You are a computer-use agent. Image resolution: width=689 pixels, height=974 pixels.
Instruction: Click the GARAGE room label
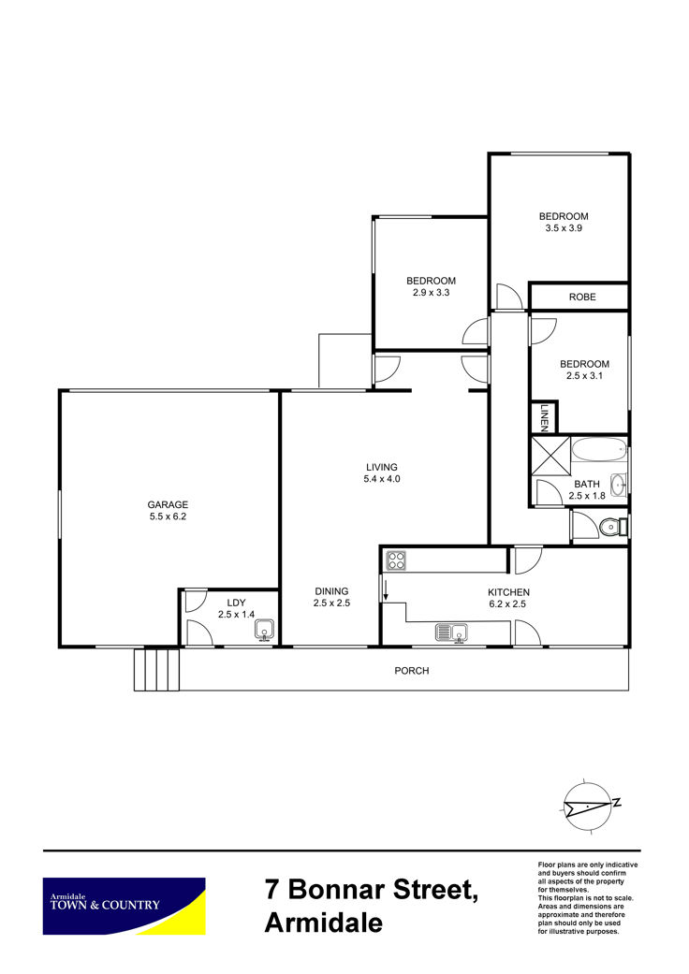click(168, 504)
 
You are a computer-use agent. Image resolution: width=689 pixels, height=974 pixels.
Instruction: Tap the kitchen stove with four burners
click(396, 560)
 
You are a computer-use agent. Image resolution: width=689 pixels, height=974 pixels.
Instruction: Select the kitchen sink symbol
click(452, 633)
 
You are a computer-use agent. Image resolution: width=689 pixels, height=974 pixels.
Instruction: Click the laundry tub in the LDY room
click(265, 630)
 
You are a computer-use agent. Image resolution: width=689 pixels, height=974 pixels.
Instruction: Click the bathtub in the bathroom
click(599, 450)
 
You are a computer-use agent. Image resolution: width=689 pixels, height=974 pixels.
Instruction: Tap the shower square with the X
click(550, 456)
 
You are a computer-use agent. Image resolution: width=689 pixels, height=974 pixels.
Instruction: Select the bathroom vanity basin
click(618, 485)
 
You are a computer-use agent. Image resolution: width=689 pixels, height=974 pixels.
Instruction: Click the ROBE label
click(582, 297)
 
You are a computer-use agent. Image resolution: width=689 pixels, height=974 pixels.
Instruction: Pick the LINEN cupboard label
click(544, 417)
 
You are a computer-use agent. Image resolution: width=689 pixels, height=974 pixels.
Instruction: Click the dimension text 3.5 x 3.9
click(564, 228)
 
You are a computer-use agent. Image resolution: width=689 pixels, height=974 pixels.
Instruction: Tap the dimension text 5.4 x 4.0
click(381, 479)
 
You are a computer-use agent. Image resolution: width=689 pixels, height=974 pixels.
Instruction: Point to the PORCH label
click(411, 670)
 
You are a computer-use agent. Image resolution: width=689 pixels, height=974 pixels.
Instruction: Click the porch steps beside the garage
click(156, 670)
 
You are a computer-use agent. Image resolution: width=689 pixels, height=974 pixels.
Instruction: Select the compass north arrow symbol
click(591, 805)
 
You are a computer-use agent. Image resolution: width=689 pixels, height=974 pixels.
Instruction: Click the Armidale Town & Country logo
click(124, 906)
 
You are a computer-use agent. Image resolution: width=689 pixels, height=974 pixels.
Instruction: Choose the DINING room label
click(331, 591)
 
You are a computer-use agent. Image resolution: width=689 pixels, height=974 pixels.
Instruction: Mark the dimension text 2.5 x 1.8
click(586, 496)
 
